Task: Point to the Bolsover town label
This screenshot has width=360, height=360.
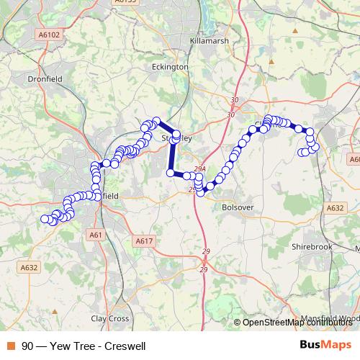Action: pos(237,207)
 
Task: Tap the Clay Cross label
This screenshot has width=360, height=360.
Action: pos(109,318)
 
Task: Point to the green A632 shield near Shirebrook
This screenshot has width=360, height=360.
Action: pos(335,207)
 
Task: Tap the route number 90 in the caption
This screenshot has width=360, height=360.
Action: pos(27,346)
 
